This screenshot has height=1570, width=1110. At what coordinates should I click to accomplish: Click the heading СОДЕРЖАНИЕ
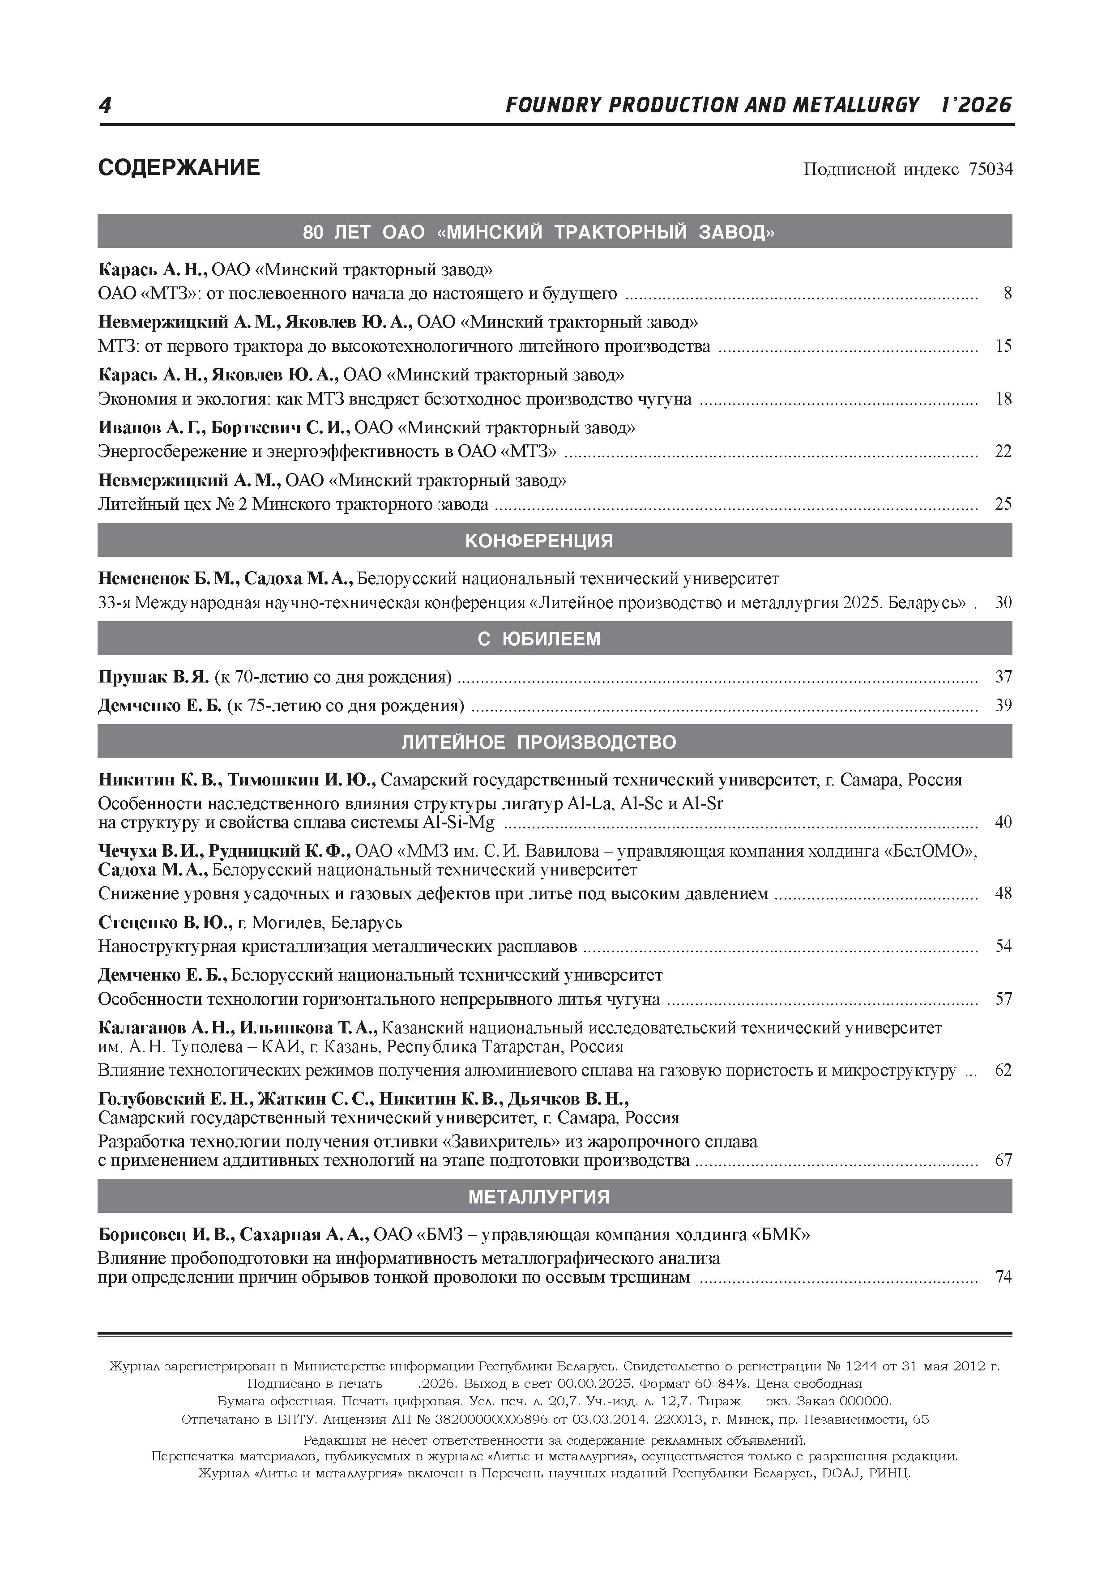[179, 167]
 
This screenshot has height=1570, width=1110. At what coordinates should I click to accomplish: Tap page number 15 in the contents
[1003, 346]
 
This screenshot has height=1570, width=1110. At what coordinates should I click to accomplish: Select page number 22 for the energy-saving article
[1003, 451]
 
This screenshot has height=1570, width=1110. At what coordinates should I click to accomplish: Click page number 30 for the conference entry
[1003, 602]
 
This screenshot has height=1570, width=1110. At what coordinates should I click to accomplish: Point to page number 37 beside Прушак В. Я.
[1003, 677]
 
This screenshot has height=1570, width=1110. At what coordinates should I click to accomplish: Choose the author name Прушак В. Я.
[153, 677]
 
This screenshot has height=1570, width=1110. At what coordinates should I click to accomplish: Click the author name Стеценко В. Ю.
[165, 922]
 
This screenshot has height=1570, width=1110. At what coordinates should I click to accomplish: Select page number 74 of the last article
[1003, 1277]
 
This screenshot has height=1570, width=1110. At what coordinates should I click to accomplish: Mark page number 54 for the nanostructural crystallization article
[1003, 947]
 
